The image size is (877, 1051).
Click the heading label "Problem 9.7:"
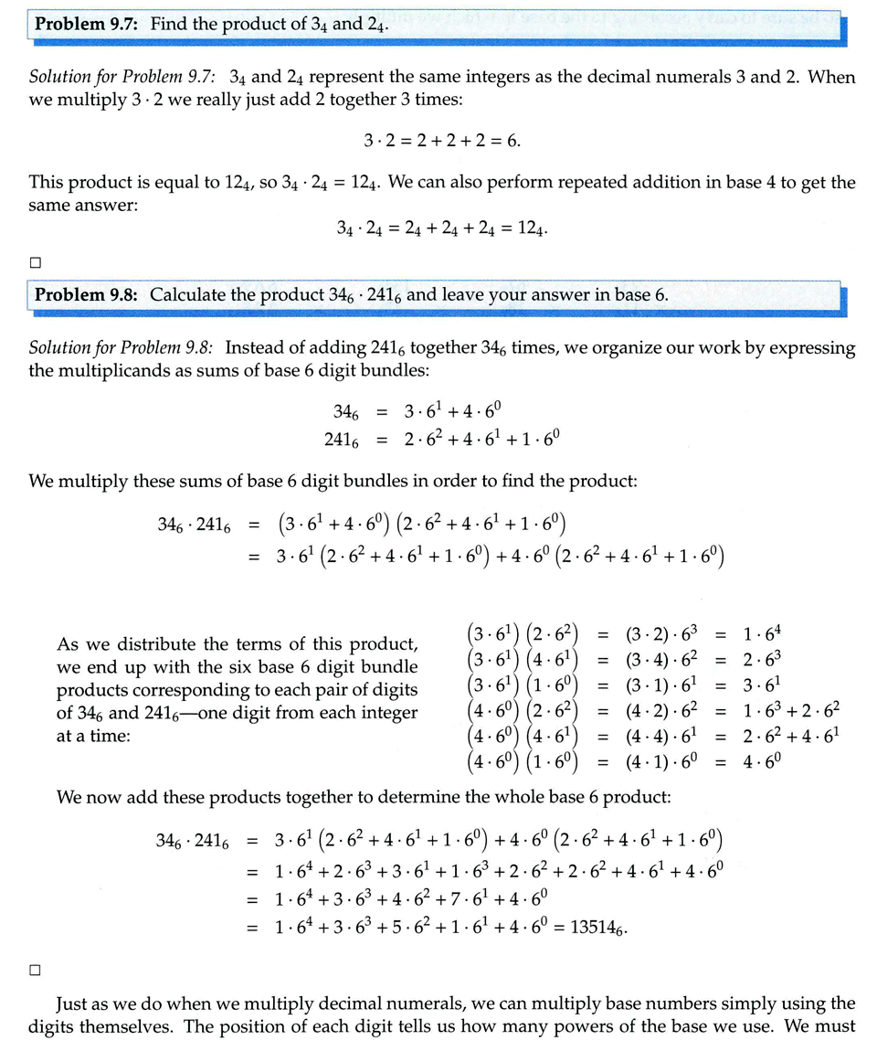(88, 25)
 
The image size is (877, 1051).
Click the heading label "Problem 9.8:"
(88, 295)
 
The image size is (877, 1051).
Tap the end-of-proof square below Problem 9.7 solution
(36, 262)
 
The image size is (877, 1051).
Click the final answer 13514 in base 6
(597, 928)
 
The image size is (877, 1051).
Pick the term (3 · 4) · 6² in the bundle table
(657, 659)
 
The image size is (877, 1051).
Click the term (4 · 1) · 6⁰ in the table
(657, 760)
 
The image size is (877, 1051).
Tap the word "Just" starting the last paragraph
(75, 1003)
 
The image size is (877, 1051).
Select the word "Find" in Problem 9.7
(168, 25)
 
